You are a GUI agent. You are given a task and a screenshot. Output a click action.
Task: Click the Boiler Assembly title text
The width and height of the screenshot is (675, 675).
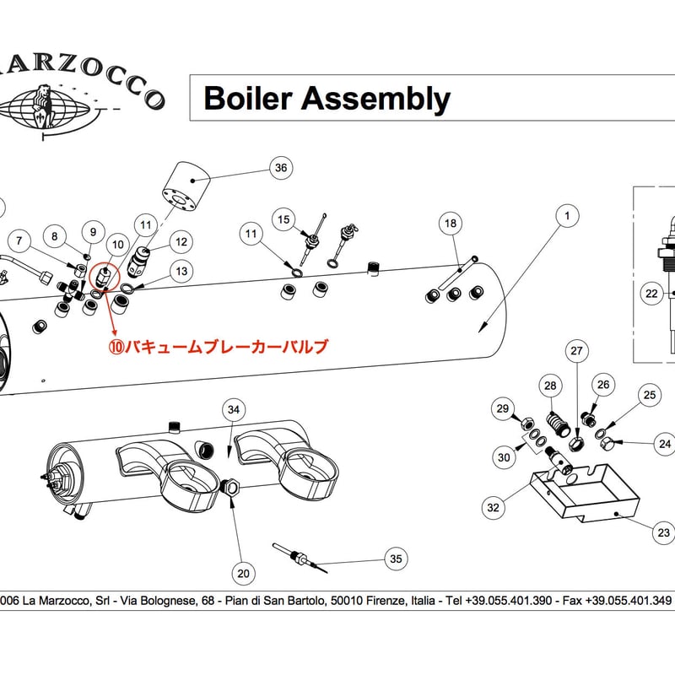pyautogui.click(x=327, y=100)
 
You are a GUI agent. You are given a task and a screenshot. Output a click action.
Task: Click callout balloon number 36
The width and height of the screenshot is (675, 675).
pyautogui.click(x=281, y=168)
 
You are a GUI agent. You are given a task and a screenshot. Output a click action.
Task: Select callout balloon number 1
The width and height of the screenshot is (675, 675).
pyautogui.click(x=568, y=217)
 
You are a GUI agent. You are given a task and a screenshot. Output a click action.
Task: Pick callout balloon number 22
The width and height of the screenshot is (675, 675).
pyautogui.click(x=651, y=294)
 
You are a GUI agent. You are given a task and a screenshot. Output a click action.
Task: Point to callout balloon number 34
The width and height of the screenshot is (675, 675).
pyautogui.click(x=235, y=410)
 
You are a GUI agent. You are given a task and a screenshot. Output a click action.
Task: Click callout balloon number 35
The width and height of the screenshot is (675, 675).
pyautogui.click(x=395, y=559)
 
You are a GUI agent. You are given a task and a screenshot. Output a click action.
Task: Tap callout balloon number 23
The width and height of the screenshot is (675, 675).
pyautogui.click(x=663, y=532)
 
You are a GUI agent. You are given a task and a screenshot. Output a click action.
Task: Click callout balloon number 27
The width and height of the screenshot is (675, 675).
pyautogui.click(x=576, y=350)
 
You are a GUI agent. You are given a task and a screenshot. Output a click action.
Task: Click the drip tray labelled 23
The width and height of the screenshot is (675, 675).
pyautogui.click(x=582, y=498)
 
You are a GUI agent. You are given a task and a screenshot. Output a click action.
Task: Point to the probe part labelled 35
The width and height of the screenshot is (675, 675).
pyautogui.click(x=300, y=557)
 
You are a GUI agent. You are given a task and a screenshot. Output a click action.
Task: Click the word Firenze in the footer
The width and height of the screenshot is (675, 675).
pyautogui.click(x=385, y=601)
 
